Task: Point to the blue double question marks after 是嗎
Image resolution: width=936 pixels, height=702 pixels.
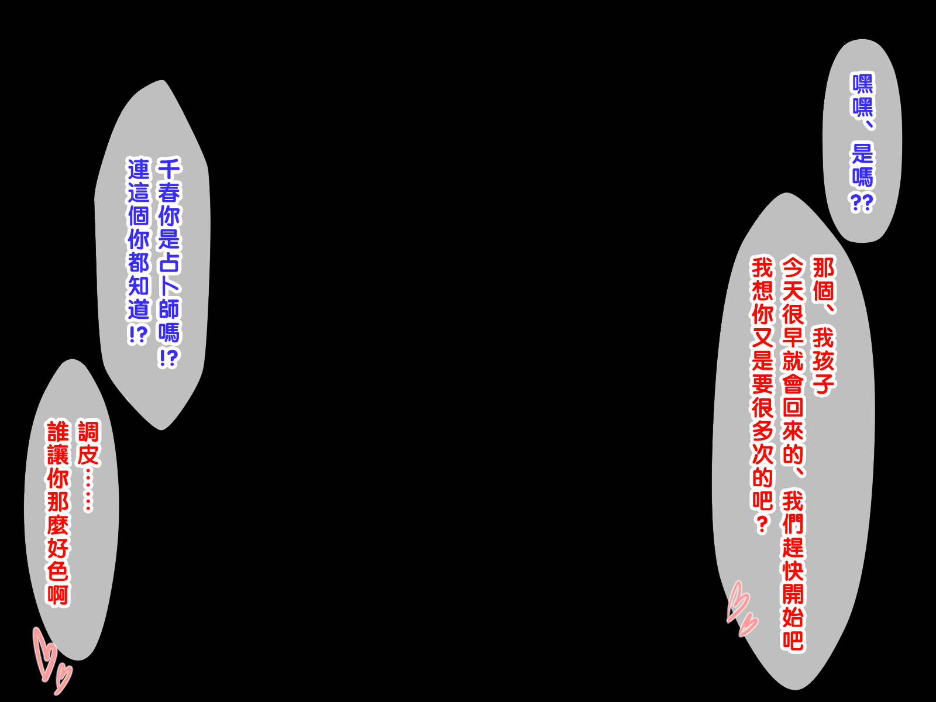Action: pos(862,202)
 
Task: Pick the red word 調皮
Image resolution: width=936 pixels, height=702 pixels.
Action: pos(88,443)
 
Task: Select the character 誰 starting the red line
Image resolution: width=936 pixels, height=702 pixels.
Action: pos(58,432)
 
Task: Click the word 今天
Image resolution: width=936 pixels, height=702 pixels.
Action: pos(793,280)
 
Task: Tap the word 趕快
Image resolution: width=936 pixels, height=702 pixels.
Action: pos(793,558)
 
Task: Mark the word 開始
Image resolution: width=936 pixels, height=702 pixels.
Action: pos(793,605)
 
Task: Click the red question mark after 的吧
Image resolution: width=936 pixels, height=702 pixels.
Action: pos(762,524)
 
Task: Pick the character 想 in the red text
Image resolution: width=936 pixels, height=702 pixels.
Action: pos(762,291)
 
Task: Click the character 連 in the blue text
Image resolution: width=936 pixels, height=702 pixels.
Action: pos(139,170)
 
